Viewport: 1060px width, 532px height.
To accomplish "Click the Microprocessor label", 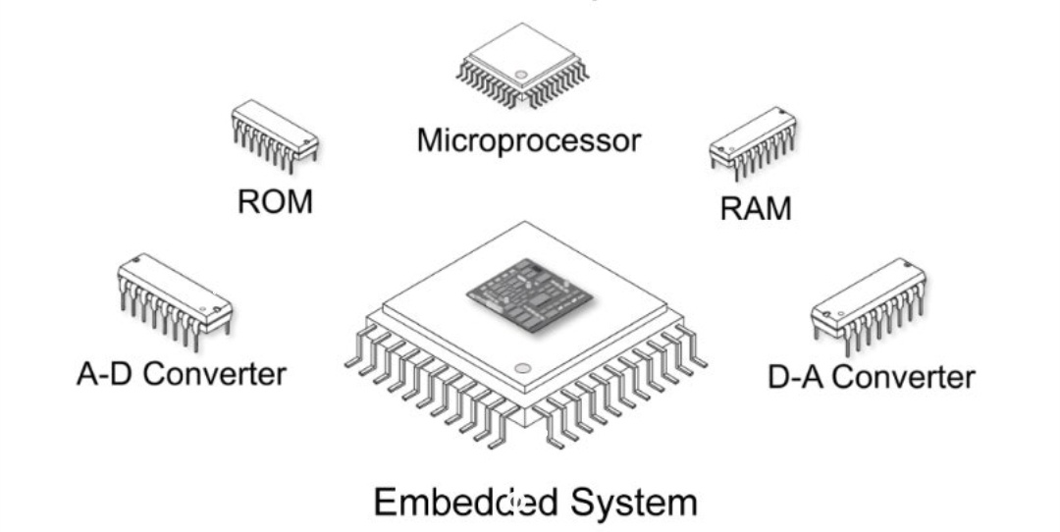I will [x=528, y=140].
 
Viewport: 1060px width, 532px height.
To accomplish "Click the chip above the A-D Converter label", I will [x=175, y=297].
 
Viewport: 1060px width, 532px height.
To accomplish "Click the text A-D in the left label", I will [x=104, y=374].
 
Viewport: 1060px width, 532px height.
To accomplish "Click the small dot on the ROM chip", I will [x=306, y=144].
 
